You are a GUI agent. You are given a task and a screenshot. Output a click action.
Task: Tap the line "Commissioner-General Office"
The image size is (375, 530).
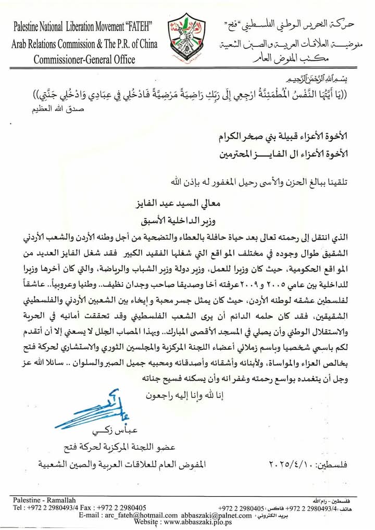(x=84, y=59)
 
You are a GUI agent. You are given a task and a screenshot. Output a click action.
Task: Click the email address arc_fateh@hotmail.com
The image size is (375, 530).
(x=129, y=515)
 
